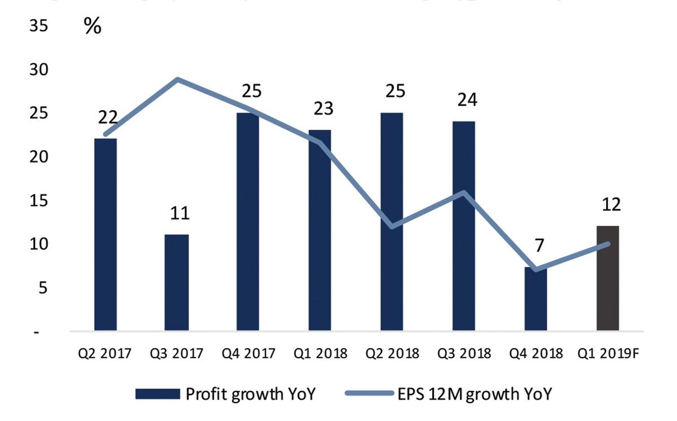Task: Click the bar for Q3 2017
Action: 177,282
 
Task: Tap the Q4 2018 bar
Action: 535,299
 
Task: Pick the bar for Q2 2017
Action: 105,234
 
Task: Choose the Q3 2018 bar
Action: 464,226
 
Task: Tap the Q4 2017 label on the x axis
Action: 249,354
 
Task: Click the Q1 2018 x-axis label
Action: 320,354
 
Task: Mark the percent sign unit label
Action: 93,26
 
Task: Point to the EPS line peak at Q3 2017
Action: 177,79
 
